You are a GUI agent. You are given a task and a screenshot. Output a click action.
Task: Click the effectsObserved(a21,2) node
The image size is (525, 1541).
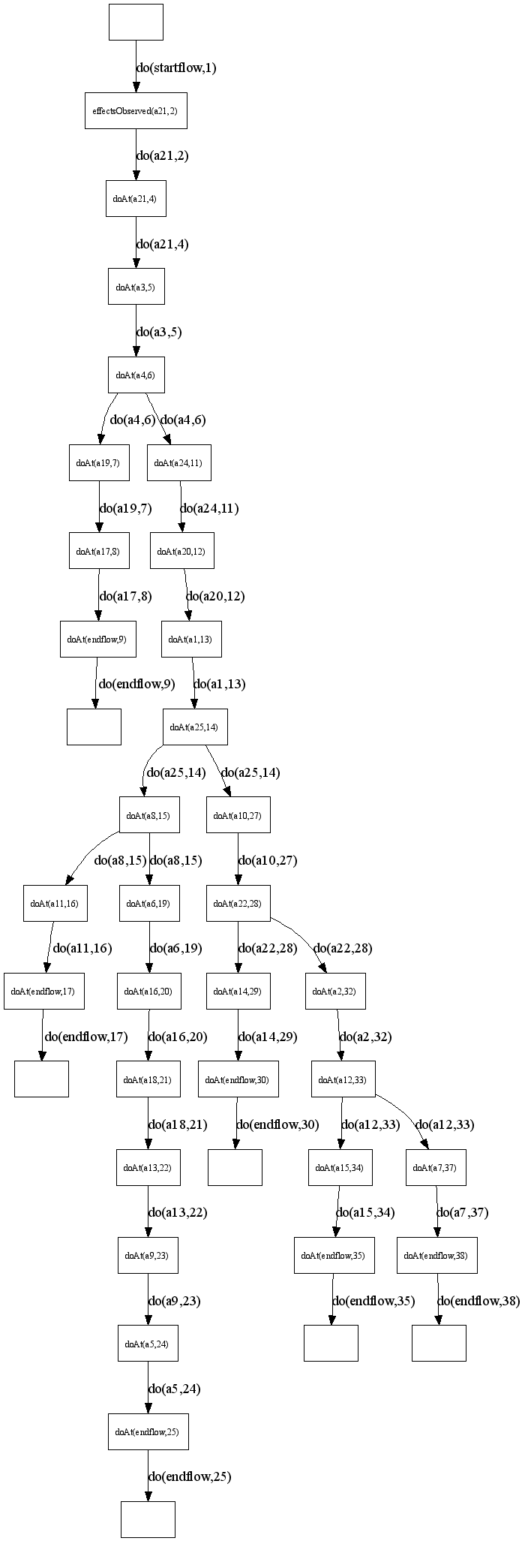pos(135,111)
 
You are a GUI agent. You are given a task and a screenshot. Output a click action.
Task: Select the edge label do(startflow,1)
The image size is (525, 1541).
pos(176,68)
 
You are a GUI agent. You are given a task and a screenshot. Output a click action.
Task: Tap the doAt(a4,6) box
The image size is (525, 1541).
pos(136,375)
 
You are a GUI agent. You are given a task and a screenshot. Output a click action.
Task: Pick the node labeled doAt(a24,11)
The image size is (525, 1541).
pos(178,462)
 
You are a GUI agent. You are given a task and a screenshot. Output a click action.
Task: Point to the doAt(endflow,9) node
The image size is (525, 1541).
pos(97,639)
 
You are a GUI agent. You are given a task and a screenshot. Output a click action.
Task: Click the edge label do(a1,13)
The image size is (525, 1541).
pos(219,684)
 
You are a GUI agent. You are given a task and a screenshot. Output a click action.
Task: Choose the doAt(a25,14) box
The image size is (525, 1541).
pos(195,727)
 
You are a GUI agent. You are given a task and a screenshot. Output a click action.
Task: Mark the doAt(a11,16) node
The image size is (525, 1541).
pos(55,903)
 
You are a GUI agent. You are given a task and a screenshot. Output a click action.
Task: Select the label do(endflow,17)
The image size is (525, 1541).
pos(86,1037)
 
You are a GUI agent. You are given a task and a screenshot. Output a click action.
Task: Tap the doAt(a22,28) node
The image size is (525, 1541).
pos(238,903)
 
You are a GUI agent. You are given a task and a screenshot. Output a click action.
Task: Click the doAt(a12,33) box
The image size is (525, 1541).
pos(343,1079)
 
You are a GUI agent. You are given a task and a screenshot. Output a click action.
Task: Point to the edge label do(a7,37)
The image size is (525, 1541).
pos(462,1212)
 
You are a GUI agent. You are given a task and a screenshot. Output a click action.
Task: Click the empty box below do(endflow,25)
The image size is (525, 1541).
pos(148,1519)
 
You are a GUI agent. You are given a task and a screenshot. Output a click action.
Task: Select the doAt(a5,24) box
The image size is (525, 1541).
pos(148,1344)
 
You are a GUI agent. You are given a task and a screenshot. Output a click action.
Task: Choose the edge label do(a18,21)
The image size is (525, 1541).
pos(178,1124)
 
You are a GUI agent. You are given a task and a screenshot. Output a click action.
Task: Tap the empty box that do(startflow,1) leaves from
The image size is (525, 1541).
pos(136,22)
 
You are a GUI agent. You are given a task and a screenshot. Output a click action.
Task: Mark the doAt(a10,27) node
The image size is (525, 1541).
pos(238,815)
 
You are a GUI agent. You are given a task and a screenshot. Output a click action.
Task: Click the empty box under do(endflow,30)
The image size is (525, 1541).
pos(235,1167)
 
